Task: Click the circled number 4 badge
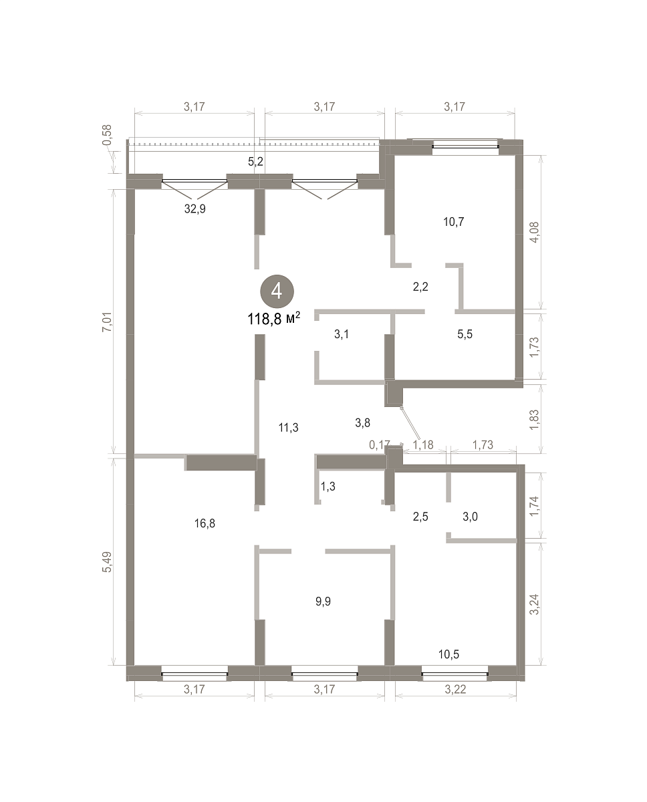[x=277, y=291]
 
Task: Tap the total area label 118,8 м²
[x=274, y=319]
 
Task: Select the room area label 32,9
[x=195, y=209]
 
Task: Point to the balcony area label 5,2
[x=256, y=162]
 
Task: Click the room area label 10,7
[x=454, y=222]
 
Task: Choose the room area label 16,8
[x=205, y=523]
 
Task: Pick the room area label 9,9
[x=323, y=601]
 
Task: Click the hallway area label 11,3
[x=289, y=428]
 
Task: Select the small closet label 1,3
[x=328, y=487]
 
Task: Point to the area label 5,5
[x=465, y=334]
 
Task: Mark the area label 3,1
[x=342, y=334]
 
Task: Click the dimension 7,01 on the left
[x=107, y=322]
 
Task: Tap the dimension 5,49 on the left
[x=107, y=562]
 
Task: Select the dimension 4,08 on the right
[x=534, y=233]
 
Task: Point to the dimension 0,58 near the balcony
[x=107, y=135]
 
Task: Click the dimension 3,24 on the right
[x=534, y=604]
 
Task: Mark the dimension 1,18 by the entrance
[x=423, y=444]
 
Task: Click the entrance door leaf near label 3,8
[x=410, y=424]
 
